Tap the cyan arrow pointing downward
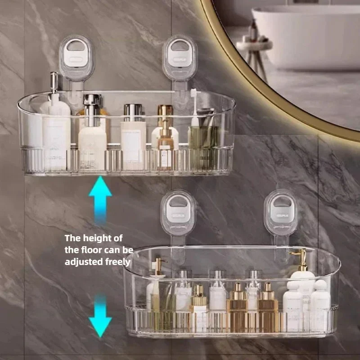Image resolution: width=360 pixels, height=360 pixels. pos(100,317)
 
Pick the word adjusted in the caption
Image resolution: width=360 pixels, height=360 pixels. pos(81,261)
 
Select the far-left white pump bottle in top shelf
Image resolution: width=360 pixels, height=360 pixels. pos(56,130)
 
